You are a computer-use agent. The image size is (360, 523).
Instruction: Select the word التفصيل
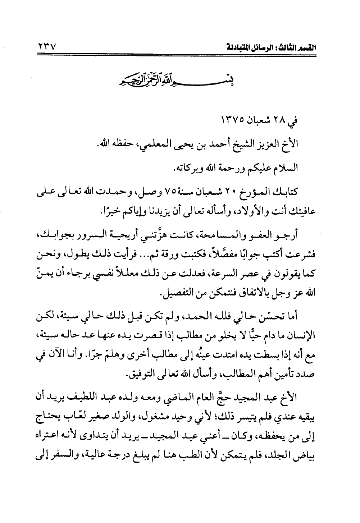point(175,293)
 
